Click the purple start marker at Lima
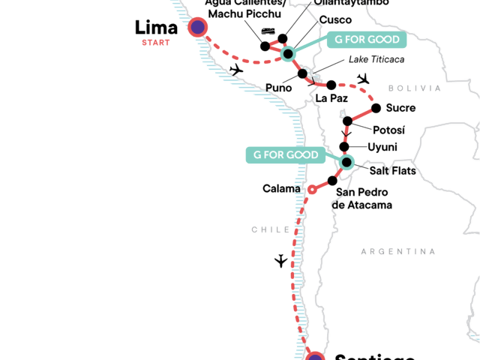click(197, 28)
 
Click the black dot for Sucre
click(376, 107)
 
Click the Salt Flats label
click(392, 171)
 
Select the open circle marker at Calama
click(312, 190)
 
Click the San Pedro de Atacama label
click(364, 198)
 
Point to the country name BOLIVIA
click(419, 88)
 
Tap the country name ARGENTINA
click(397, 251)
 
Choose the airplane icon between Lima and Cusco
click(237, 70)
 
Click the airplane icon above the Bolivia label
click(364, 79)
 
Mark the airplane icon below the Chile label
click(280, 261)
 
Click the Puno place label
click(279, 88)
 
